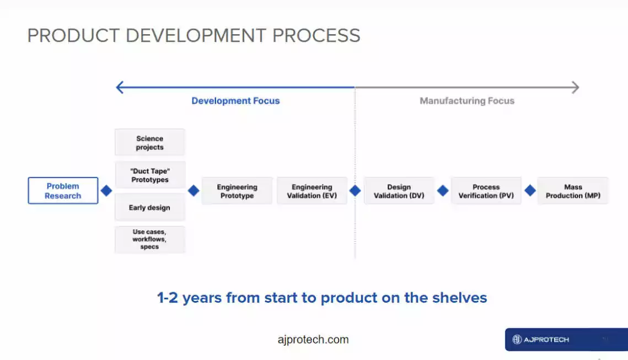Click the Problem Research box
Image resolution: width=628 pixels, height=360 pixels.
pos(63,191)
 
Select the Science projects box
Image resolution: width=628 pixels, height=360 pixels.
pos(150,143)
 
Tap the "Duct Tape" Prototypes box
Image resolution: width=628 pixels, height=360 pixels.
pos(150,175)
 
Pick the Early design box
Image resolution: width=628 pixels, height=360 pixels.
pos(150,207)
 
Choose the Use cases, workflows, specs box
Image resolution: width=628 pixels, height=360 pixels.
pos(150,239)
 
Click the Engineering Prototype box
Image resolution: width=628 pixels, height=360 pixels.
pos(237,191)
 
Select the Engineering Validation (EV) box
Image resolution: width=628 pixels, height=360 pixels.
pos(312,191)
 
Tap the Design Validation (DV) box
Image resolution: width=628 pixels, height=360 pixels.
pos(399,191)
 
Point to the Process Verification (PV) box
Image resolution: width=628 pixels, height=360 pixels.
pos(486,191)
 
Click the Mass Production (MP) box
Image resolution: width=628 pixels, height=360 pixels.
pos(573,191)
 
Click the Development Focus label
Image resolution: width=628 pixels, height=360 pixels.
pos(235,101)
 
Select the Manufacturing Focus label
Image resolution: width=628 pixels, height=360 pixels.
pos(467,101)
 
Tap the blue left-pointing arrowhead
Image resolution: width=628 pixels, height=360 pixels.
pos(119,87)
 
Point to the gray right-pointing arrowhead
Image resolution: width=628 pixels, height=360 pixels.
pos(576,87)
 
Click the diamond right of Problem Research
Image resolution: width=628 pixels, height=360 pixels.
pos(106,191)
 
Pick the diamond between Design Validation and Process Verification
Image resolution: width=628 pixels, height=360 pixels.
pos(443,191)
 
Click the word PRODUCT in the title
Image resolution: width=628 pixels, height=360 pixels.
pos(74,36)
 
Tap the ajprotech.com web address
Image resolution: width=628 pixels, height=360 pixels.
pos(313,340)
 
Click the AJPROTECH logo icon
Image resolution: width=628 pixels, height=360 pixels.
pos(517,340)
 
